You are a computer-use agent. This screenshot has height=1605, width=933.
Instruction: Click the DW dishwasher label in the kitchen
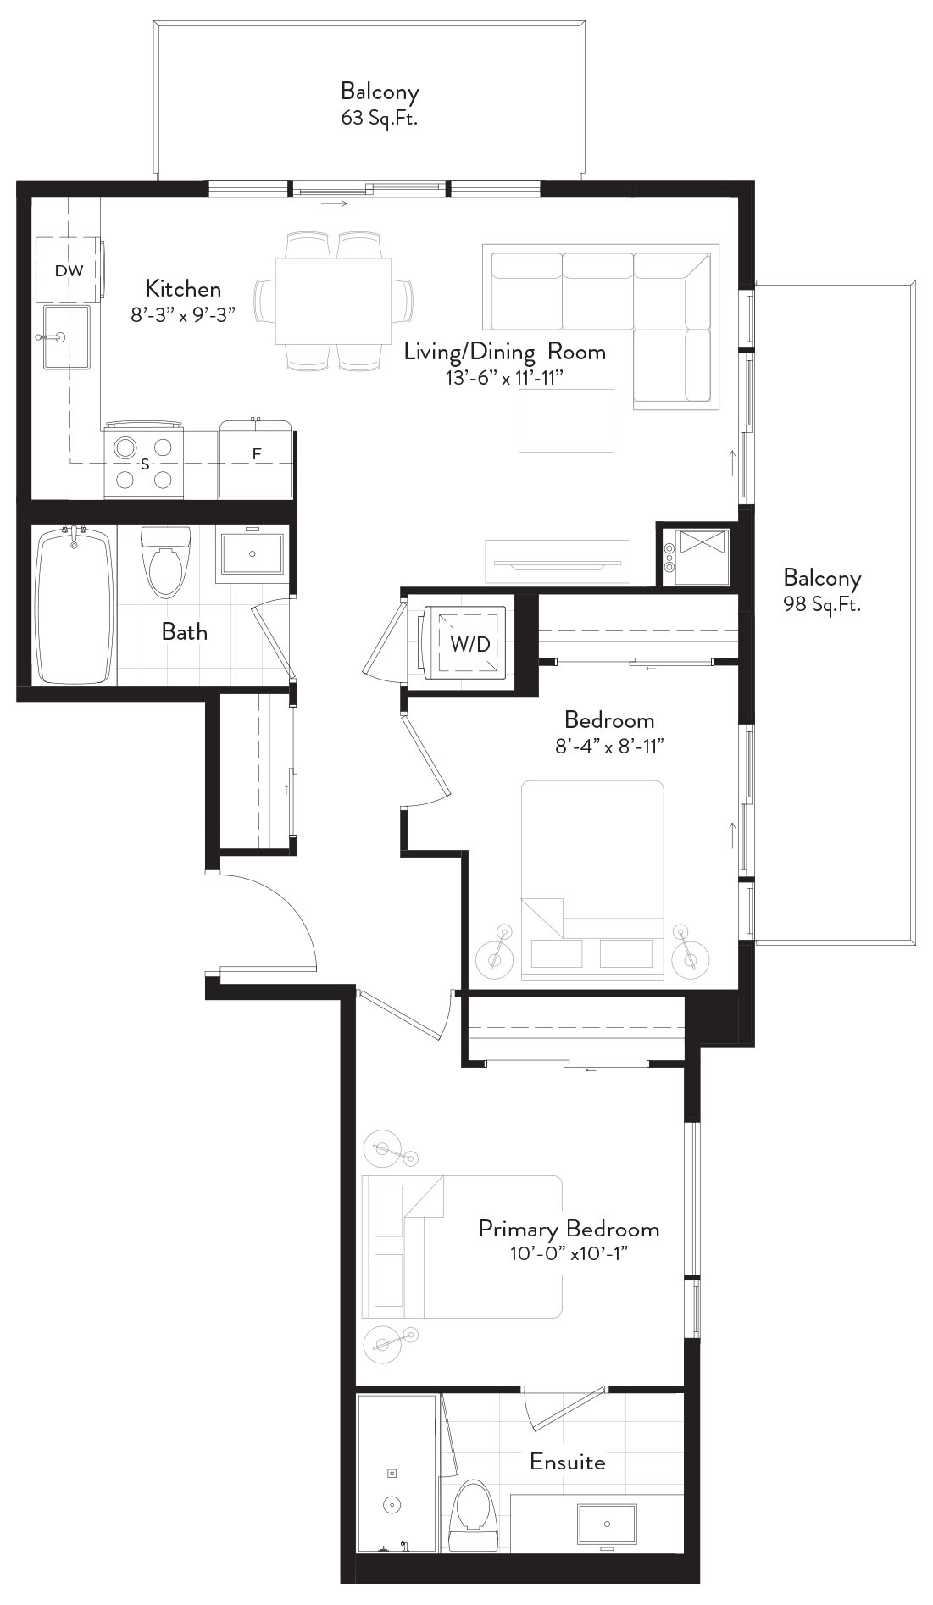[x=69, y=271]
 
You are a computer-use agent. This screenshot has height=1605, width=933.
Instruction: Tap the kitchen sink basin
[x=67, y=337]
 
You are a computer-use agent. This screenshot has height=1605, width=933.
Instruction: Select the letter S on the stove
[x=145, y=464]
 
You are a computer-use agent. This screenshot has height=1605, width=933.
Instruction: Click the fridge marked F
[x=256, y=458]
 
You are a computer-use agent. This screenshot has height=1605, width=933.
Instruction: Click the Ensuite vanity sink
[x=607, y=1524]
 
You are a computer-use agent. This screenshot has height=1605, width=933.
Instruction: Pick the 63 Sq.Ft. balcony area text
[x=380, y=118]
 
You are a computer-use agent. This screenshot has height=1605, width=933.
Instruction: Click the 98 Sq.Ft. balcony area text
[x=822, y=604]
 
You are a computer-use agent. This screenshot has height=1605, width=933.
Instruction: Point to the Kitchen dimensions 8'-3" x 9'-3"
[x=183, y=314]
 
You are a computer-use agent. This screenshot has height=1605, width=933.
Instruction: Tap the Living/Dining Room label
[x=505, y=351]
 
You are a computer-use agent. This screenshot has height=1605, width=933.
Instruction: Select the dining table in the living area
[x=334, y=300]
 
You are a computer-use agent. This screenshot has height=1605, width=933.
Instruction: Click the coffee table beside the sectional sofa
[x=567, y=420]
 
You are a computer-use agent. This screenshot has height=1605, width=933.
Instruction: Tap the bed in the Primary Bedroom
[x=463, y=1246]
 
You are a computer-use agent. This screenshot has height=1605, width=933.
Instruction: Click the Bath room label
[x=185, y=631]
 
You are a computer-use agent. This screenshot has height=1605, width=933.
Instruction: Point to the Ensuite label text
[x=568, y=1462]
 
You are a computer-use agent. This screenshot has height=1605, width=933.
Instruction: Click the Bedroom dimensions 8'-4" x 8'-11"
[x=610, y=747]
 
